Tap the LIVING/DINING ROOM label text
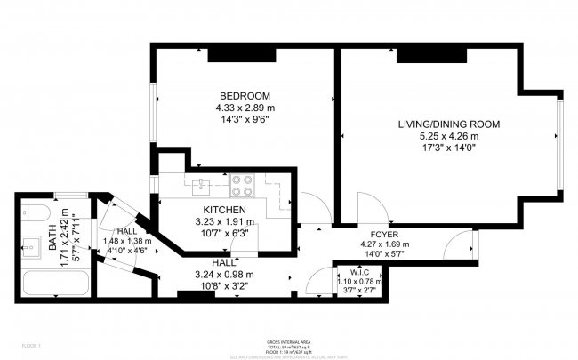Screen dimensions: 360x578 point(448,124)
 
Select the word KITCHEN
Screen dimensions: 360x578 point(224,210)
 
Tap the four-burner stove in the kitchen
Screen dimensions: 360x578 point(241,185)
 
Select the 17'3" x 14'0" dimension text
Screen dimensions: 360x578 point(448,148)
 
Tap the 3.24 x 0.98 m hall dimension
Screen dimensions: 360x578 point(224,274)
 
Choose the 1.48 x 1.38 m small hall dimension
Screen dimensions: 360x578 point(128,240)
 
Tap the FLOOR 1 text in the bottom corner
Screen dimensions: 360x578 point(32,344)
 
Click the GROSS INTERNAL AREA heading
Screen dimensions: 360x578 point(288,341)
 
